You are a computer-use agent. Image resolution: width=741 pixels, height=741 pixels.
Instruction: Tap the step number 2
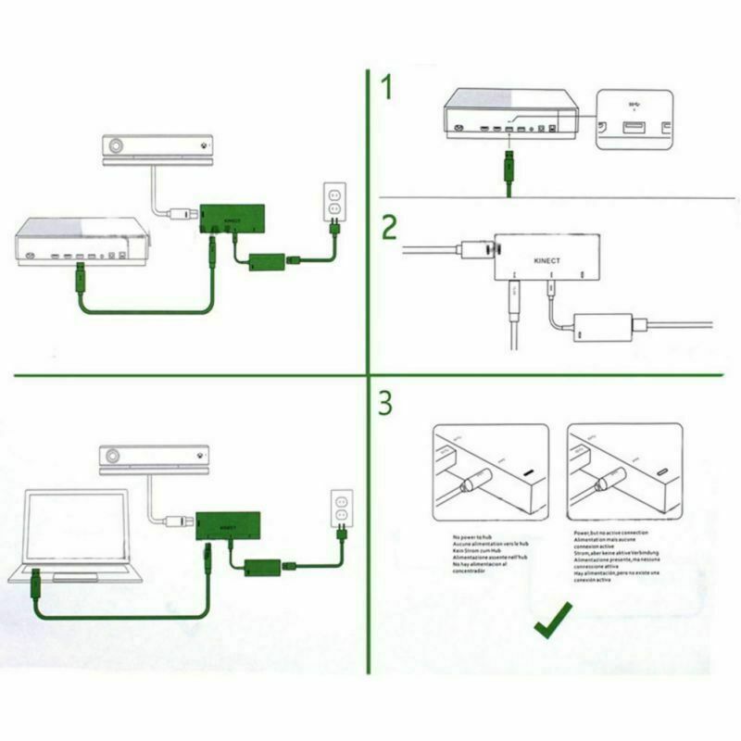coord(390,229)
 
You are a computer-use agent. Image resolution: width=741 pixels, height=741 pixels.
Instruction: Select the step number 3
coord(389,404)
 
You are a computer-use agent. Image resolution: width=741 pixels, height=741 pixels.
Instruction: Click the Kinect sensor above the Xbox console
coord(158,147)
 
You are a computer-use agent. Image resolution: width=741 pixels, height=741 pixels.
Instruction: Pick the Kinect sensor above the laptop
coord(157,459)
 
